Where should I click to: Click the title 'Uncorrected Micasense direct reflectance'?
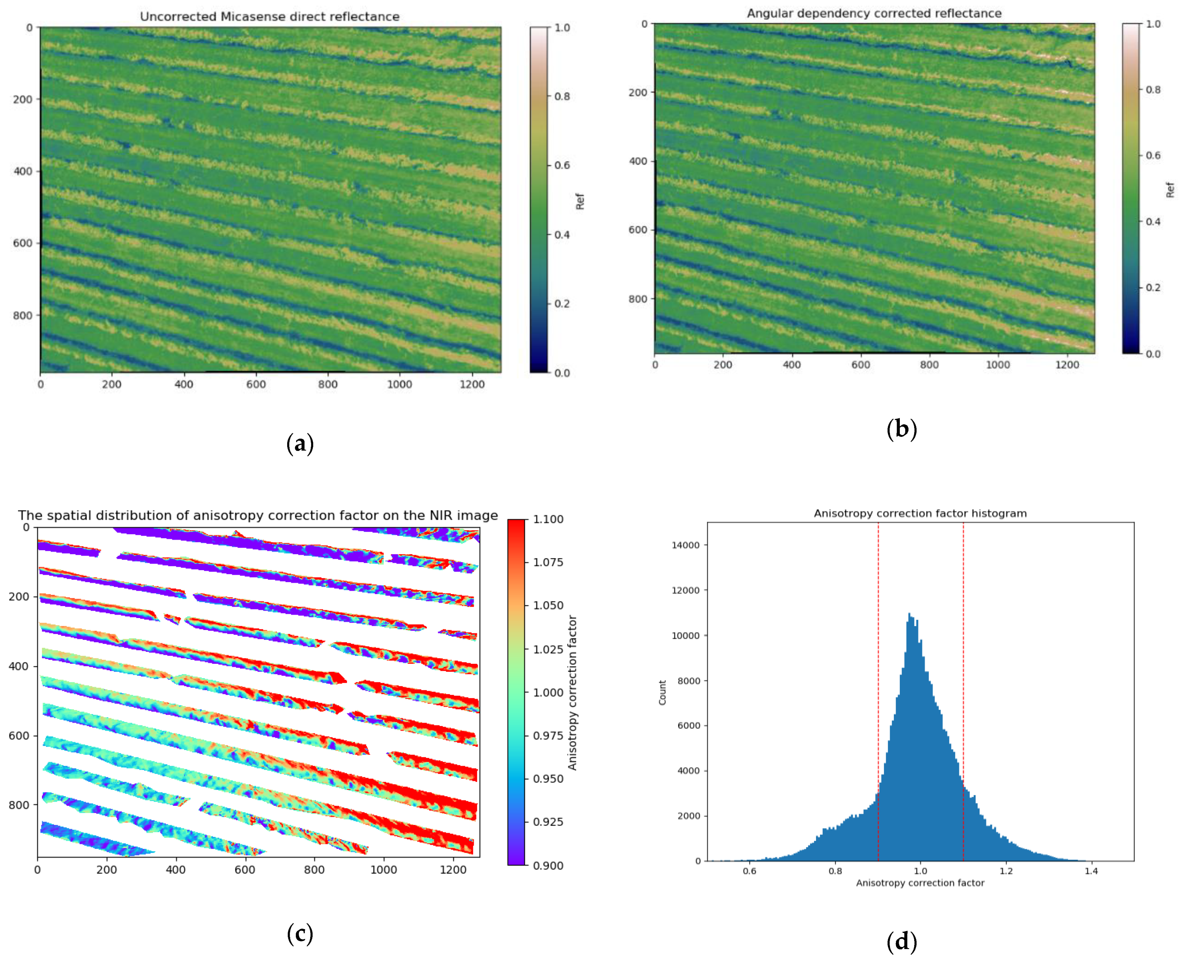[x=270, y=17]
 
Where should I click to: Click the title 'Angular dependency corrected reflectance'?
[x=874, y=13]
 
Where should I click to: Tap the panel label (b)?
[x=901, y=429]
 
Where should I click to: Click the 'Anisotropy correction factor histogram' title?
[x=920, y=513]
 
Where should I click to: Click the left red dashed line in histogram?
[x=878, y=692]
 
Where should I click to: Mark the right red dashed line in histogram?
[x=964, y=692]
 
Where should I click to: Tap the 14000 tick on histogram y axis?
[x=686, y=545]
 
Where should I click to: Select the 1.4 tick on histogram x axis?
[x=1091, y=871]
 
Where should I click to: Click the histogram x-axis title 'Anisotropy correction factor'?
[x=920, y=883]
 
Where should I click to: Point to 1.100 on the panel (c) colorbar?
[x=548, y=519]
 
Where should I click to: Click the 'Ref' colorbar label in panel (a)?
[x=580, y=201]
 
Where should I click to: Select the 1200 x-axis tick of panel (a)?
[x=472, y=384]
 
